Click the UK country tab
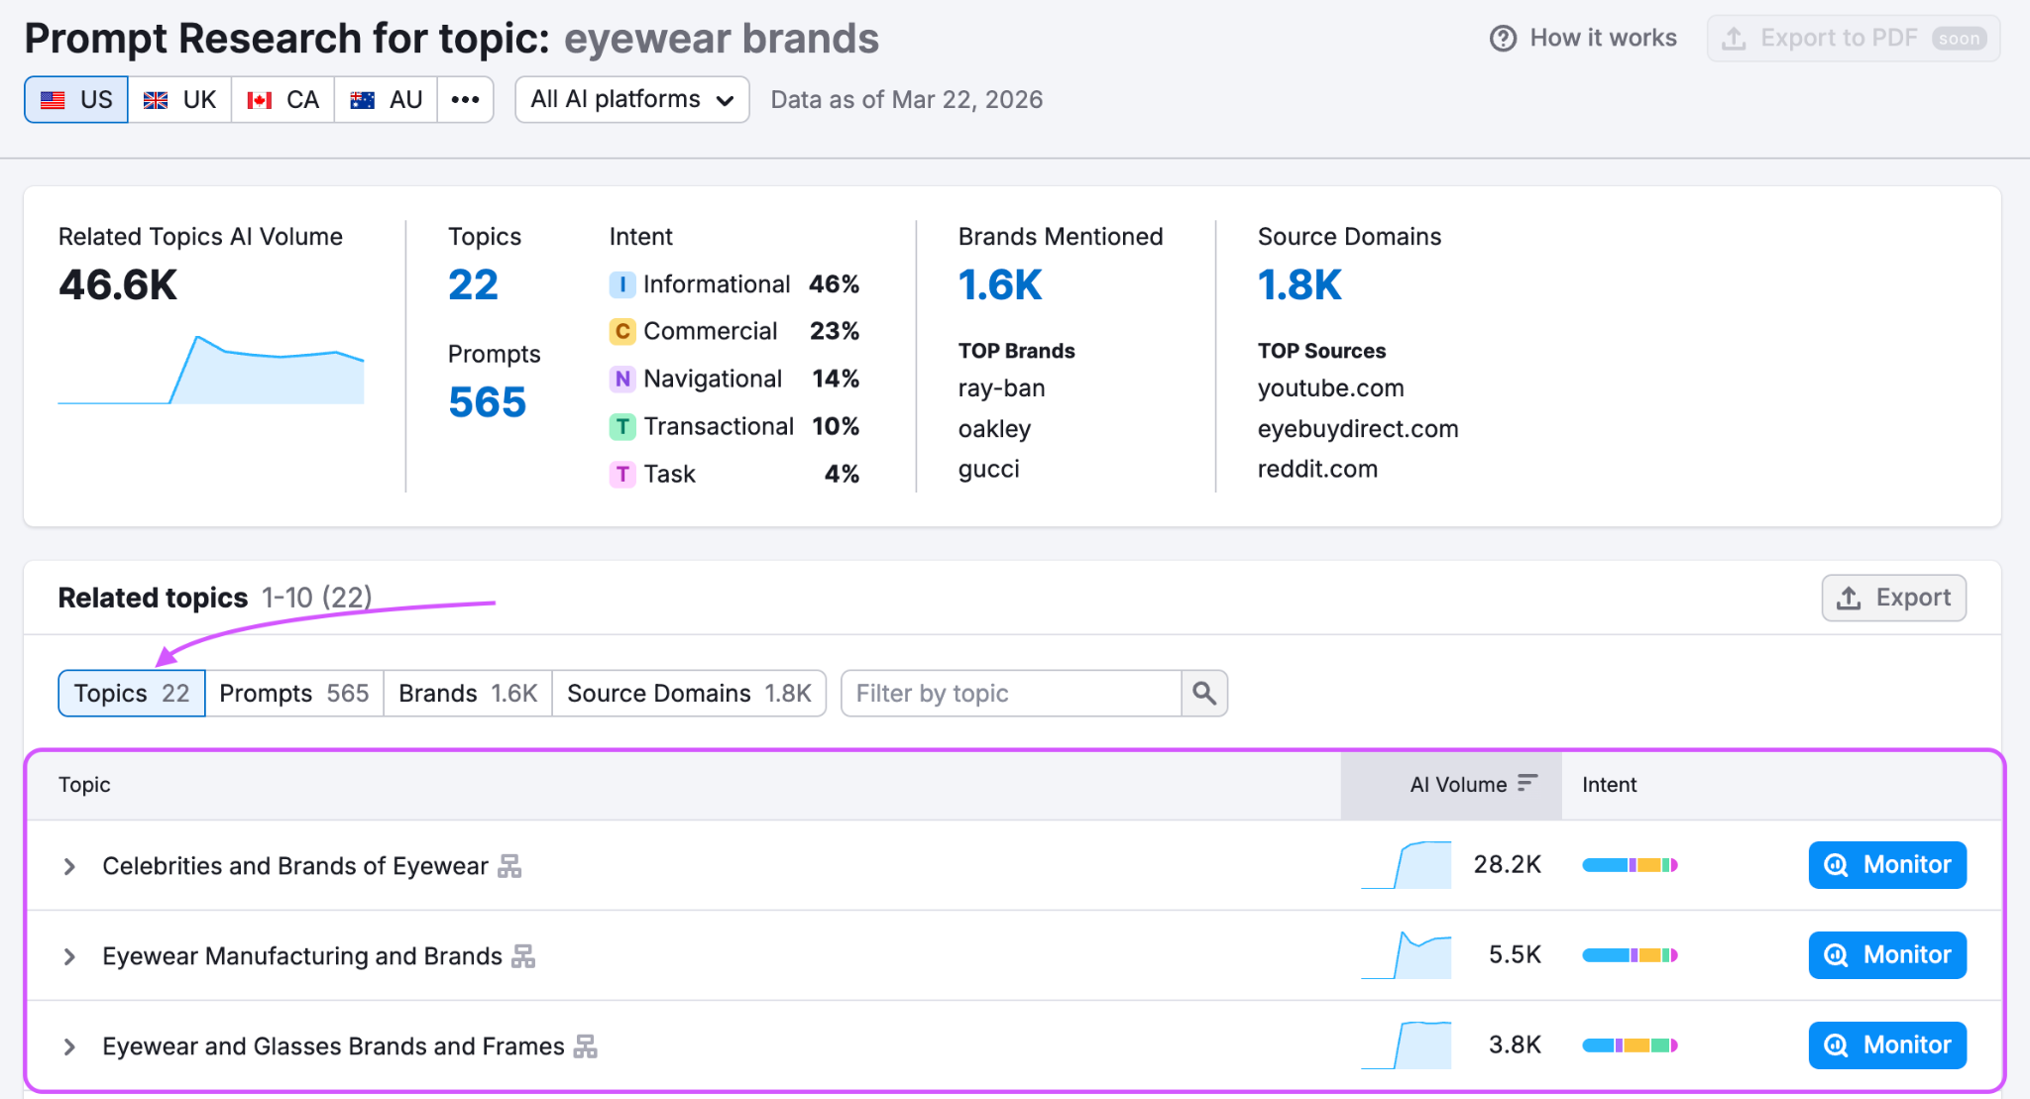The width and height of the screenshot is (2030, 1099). coord(180,100)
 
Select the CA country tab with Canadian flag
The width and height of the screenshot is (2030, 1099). coord(283,100)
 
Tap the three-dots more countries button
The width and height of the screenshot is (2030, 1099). coord(465,100)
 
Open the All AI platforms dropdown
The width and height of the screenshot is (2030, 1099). coord(631,100)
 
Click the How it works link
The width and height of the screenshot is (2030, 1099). coord(1583,39)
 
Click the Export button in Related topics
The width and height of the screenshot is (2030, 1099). coord(1893,599)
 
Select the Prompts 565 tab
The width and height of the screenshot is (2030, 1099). coord(293,694)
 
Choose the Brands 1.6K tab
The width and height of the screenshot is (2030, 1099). coord(468,694)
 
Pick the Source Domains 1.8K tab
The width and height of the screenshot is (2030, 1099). coord(689,694)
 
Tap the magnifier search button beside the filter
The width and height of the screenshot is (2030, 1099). coord(1204,694)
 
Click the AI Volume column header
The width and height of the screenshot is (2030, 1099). coord(1459,785)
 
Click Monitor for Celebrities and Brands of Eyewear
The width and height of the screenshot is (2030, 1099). coord(1887,865)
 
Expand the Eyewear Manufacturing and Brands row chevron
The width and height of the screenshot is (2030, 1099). coord(69,956)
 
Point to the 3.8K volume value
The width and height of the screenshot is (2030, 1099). coord(1515,1045)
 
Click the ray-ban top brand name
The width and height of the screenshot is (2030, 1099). coord(1001,388)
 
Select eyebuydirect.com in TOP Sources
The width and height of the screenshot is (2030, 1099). coord(1358,429)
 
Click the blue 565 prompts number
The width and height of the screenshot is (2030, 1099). coord(487,402)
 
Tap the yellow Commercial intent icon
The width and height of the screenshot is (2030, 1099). coord(621,332)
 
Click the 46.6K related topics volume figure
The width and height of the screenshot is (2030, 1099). coord(118,285)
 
